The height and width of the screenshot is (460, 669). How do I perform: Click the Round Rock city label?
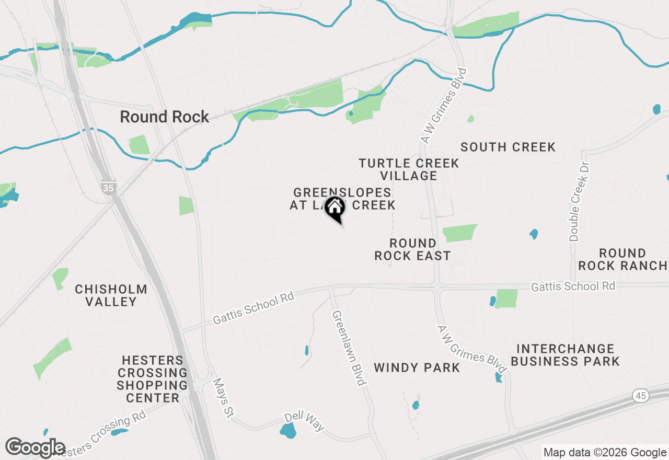(165, 117)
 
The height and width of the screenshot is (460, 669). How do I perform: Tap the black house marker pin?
(335, 208)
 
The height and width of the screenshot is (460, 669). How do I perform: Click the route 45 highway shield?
(641, 396)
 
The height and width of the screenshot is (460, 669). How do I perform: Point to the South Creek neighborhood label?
(507, 147)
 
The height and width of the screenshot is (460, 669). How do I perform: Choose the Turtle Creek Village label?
(409, 169)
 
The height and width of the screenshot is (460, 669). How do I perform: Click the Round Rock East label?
(412, 249)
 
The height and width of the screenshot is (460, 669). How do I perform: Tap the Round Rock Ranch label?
(622, 259)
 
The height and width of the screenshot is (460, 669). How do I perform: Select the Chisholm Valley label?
(111, 295)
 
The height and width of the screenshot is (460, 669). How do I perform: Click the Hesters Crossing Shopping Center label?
(152, 379)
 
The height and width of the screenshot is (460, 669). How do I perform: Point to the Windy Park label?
(417, 367)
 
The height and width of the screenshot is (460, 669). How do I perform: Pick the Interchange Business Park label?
(565, 355)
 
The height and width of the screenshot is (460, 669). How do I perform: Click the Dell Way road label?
(305, 422)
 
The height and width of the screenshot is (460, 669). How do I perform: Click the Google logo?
(36, 448)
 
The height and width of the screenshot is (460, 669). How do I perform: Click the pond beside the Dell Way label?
(287, 431)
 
